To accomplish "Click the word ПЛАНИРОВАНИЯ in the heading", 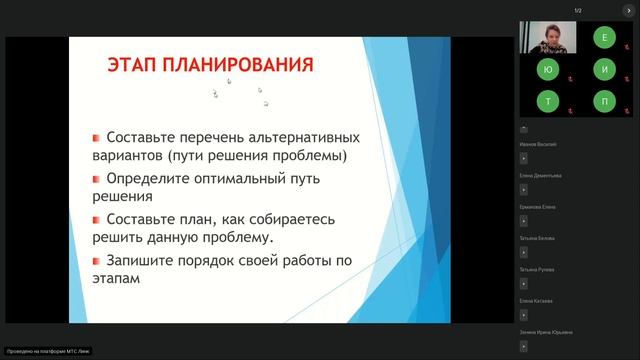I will [x=238, y=66].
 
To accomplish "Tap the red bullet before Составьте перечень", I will [x=95, y=137].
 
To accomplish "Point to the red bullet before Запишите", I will [x=95, y=262].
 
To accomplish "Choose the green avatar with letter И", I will [x=604, y=69].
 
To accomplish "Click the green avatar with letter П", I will [x=604, y=101].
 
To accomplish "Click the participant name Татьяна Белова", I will [x=539, y=238].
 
